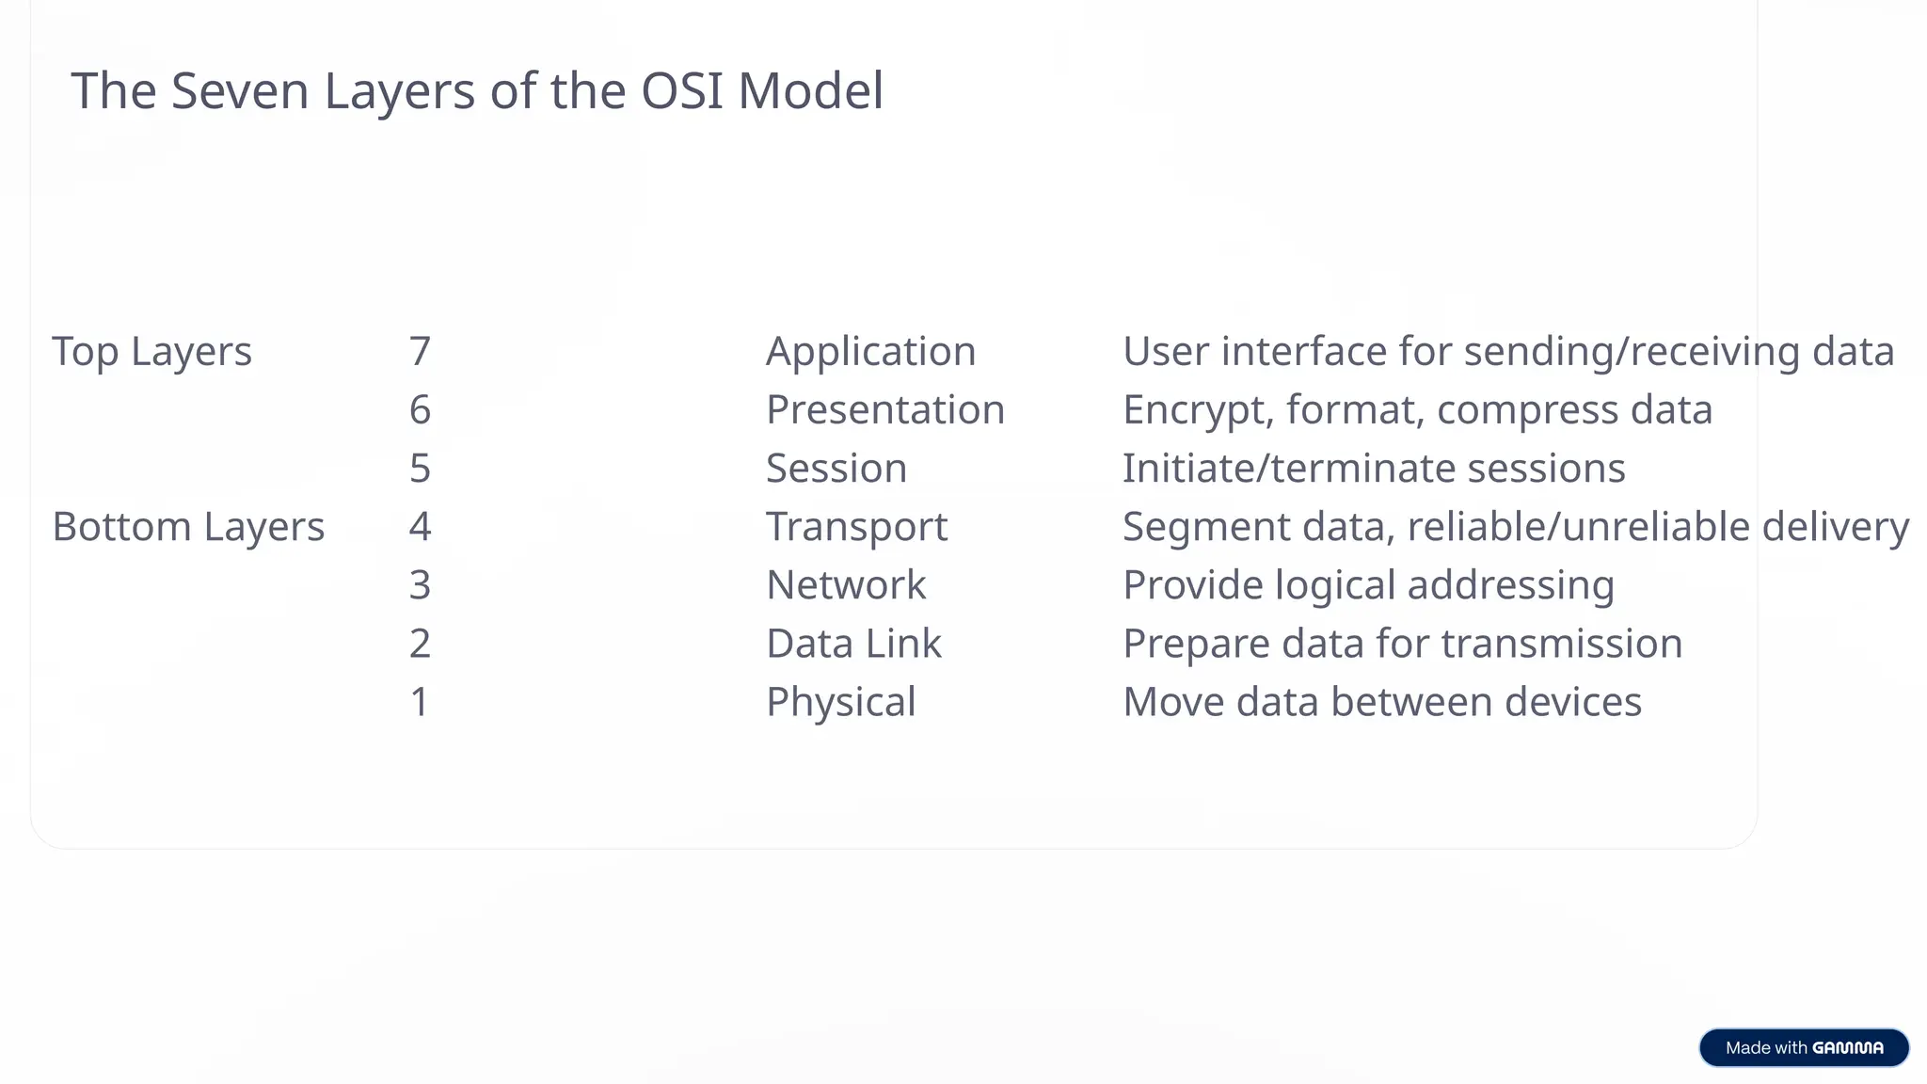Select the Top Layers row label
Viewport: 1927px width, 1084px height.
click(x=151, y=352)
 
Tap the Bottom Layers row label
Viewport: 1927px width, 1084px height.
click(x=188, y=527)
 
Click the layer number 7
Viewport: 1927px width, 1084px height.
click(x=420, y=352)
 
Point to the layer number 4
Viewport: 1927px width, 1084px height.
click(x=420, y=527)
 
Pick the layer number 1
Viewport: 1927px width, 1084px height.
click(x=420, y=702)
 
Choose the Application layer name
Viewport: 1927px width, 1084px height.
click(x=870, y=352)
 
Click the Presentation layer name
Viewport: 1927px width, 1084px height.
click(x=884, y=410)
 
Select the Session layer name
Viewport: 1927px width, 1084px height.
click(x=836, y=469)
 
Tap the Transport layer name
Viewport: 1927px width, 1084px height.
click(x=856, y=527)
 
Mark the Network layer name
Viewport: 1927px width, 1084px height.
click(x=846, y=585)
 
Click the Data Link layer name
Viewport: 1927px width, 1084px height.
click(x=853, y=644)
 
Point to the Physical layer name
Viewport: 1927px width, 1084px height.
click(x=840, y=702)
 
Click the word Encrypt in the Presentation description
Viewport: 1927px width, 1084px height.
click(x=1198, y=410)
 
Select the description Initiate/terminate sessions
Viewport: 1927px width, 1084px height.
click(x=1374, y=469)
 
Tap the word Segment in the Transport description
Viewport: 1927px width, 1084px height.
click(x=1206, y=527)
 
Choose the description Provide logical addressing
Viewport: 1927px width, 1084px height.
click(x=1368, y=585)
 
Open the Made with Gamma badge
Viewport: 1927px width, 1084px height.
click(x=1804, y=1047)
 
